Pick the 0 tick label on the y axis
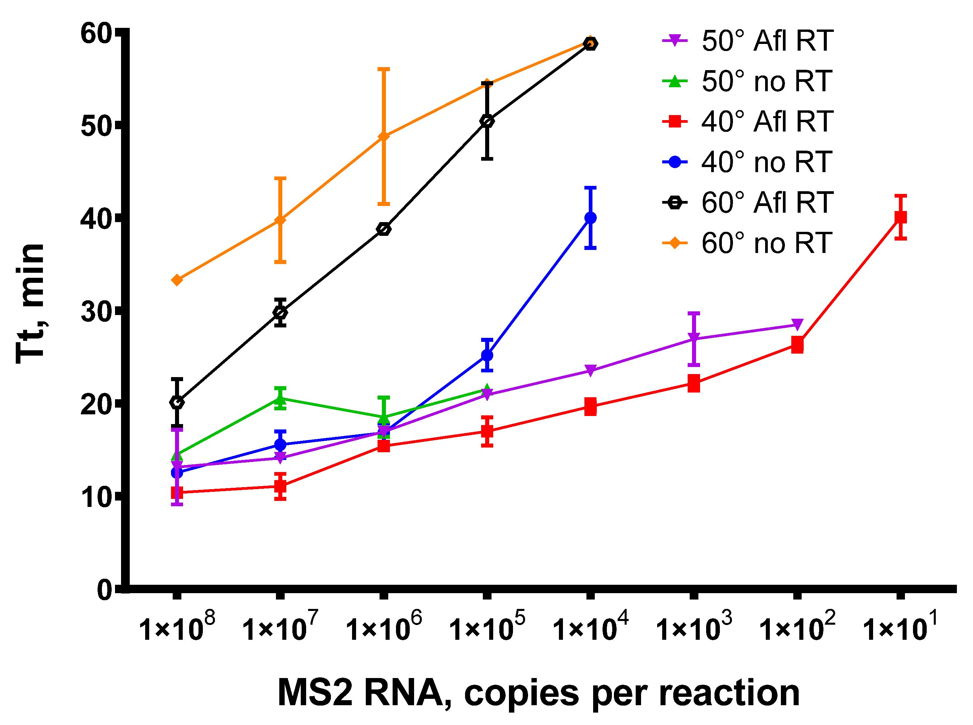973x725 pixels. click(105, 590)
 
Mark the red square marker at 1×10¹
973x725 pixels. click(900, 217)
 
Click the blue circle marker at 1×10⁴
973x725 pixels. click(590, 218)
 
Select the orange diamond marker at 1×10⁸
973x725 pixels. click(177, 280)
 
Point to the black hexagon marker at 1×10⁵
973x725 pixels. click(487, 121)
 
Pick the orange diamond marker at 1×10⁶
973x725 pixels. click(384, 137)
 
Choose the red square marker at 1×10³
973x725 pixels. click(693, 383)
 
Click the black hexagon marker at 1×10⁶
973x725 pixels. click(384, 229)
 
